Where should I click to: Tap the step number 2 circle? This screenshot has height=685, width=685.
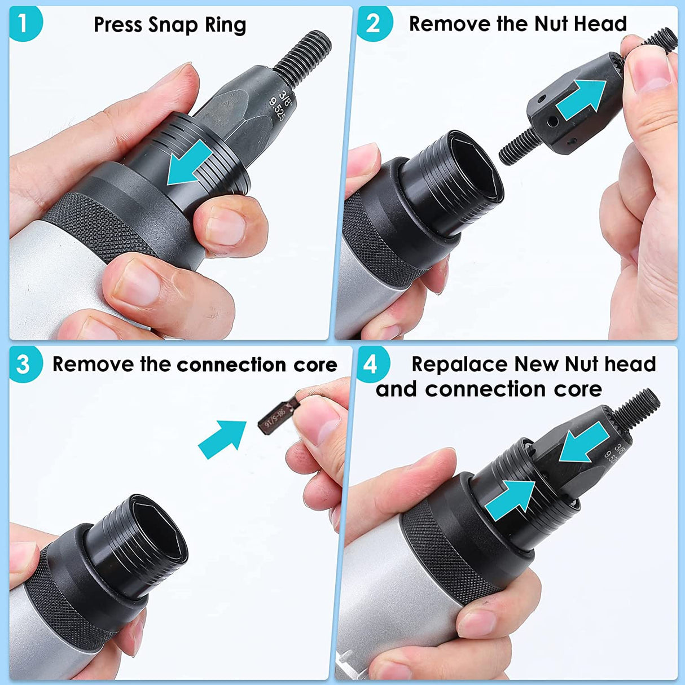click(372, 24)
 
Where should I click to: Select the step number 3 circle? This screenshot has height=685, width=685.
click(24, 364)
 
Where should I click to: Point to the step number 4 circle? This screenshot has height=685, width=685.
click(370, 365)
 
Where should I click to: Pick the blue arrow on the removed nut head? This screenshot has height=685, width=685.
click(581, 102)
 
